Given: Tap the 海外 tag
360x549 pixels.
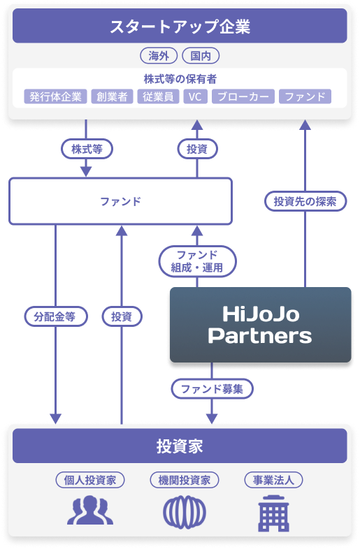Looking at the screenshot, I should coord(159,56).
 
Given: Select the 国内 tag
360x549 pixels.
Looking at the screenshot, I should coord(201,56).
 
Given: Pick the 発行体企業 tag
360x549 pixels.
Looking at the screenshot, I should coord(55,96).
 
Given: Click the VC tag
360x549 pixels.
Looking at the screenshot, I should coord(194,96).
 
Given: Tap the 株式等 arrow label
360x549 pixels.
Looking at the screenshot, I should coord(87,149).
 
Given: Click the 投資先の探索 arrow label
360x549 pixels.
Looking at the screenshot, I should coord(305,202).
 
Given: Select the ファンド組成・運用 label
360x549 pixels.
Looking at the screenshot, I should coord(197,261).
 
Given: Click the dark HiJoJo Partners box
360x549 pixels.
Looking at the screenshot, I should coord(259,325).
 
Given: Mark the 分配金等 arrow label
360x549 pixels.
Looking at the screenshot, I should coord(55,316).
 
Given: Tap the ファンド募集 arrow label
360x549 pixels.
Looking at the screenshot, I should coord(212,388).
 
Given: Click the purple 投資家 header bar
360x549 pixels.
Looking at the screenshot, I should coord(180,446).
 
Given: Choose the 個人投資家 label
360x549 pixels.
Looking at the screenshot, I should coord(90,480).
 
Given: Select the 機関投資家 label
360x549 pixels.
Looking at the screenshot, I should coord(185,480).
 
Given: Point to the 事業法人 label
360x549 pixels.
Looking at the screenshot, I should coord(273,480).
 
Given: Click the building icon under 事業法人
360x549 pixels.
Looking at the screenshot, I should coord(273,513).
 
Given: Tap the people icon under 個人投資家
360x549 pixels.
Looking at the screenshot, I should coord(90,511).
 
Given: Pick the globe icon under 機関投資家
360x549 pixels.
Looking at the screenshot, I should coord(185,511).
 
